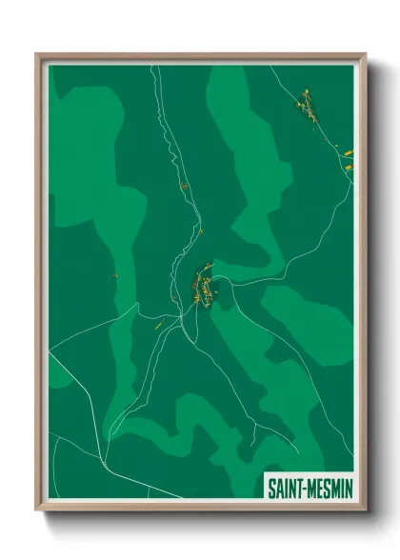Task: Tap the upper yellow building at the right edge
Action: [x=349, y=151]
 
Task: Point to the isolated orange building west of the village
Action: [x=115, y=276]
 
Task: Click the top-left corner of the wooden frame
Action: [x=37, y=54]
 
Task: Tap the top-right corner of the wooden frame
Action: [x=366, y=54]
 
